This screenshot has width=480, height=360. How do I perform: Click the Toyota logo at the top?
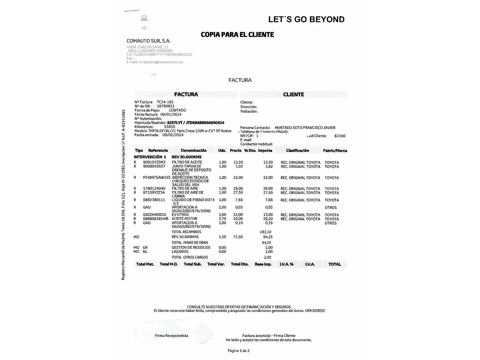pos(144,18)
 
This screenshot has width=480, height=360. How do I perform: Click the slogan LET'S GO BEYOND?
pos(306,19)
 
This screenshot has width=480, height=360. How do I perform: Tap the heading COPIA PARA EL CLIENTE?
pos(237,35)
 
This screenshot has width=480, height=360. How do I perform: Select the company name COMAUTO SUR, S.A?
pos(148,41)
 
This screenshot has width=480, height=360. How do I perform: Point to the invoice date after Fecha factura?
pos(171,114)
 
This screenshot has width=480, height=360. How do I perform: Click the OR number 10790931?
pos(166,106)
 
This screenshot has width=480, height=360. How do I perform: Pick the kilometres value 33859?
pos(169,127)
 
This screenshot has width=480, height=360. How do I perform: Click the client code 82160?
pos(340,136)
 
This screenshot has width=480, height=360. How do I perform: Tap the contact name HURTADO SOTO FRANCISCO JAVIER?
pos(305,128)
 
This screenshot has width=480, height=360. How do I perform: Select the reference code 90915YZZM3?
pos(154,162)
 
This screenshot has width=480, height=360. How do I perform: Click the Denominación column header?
pos(194,151)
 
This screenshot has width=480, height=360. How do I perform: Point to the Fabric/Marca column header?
pos(335,151)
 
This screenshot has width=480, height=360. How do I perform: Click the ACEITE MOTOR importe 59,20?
pos(268,219)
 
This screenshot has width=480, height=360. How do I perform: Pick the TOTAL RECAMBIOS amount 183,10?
pos(265,232)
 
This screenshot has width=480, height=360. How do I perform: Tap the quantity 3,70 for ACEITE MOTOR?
pos(222,219)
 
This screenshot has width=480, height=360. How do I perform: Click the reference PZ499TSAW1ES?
pos(156,178)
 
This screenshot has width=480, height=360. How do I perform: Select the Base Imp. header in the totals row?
pos(263,264)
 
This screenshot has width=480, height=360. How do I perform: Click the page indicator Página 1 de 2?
pos(238,351)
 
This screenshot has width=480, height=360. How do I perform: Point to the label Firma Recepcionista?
pos(171,336)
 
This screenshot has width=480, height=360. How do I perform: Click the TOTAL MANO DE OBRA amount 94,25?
pos(266,243)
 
